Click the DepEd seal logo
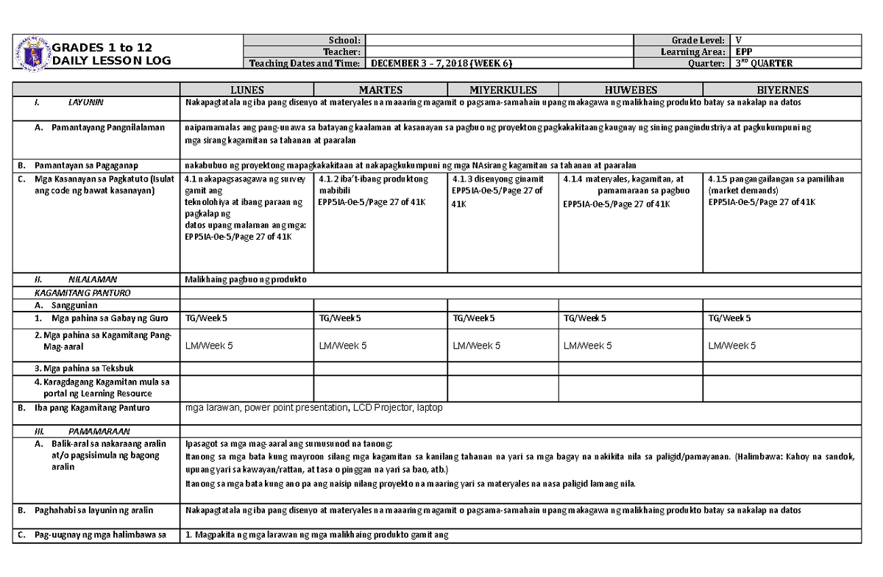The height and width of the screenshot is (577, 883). point(31,51)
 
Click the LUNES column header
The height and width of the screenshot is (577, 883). point(247,90)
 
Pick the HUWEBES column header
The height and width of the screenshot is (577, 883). point(631,90)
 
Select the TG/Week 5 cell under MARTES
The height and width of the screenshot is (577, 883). point(341,318)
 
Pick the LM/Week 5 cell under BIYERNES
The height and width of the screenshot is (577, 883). point(731,345)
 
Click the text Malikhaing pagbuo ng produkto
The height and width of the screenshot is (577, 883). point(246,280)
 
